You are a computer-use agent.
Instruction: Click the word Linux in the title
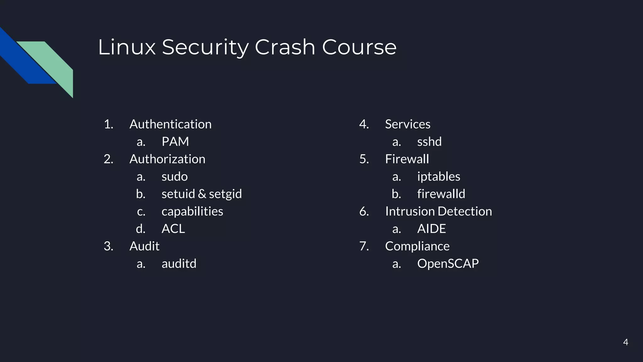point(127,47)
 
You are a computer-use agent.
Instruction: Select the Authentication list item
point(170,124)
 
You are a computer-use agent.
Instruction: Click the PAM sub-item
point(175,142)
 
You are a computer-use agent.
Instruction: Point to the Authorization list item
point(167,159)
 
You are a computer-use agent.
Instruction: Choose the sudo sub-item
point(175,177)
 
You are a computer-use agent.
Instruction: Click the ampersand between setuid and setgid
point(202,194)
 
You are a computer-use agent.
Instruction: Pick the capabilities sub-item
point(192,211)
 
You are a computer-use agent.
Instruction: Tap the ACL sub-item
point(173,229)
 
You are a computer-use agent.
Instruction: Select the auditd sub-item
point(179,264)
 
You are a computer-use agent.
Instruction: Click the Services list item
point(408,124)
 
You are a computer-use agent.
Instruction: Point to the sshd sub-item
point(429,142)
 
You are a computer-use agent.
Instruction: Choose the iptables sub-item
point(439,177)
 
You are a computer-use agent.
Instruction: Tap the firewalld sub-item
point(441,194)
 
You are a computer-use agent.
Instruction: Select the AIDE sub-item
point(431,229)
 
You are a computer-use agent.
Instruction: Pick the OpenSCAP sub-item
point(448,264)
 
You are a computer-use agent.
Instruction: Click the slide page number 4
point(625,342)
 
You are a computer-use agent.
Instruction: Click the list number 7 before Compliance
point(364,246)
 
